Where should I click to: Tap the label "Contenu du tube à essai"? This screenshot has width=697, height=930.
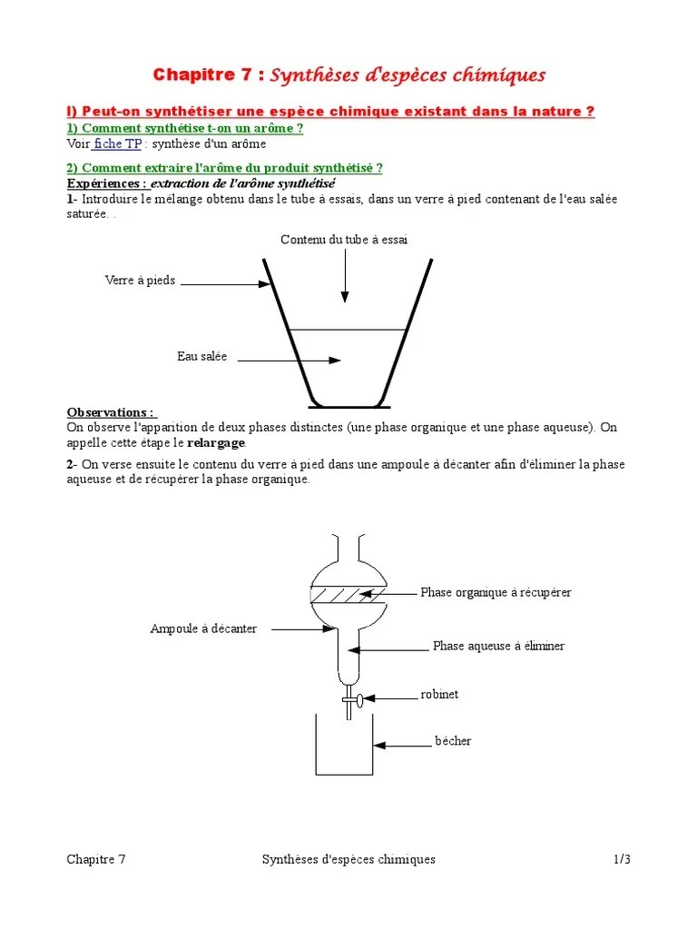[344, 240]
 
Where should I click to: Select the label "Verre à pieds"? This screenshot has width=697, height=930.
[140, 282]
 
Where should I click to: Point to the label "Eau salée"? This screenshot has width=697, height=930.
[201, 356]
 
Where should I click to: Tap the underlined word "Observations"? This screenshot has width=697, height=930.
[110, 412]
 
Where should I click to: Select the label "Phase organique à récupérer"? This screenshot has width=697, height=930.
[496, 592]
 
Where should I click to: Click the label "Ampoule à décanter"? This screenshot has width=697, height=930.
[203, 628]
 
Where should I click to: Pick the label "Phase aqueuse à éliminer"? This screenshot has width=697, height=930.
[498, 646]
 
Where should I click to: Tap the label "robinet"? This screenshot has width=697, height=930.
[439, 694]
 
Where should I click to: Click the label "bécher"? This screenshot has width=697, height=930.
[453, 741]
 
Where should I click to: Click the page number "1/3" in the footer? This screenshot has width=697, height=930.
[621, 859]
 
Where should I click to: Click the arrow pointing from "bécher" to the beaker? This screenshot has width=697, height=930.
[403, 745]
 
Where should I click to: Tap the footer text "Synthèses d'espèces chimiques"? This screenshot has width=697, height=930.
[348, 859]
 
